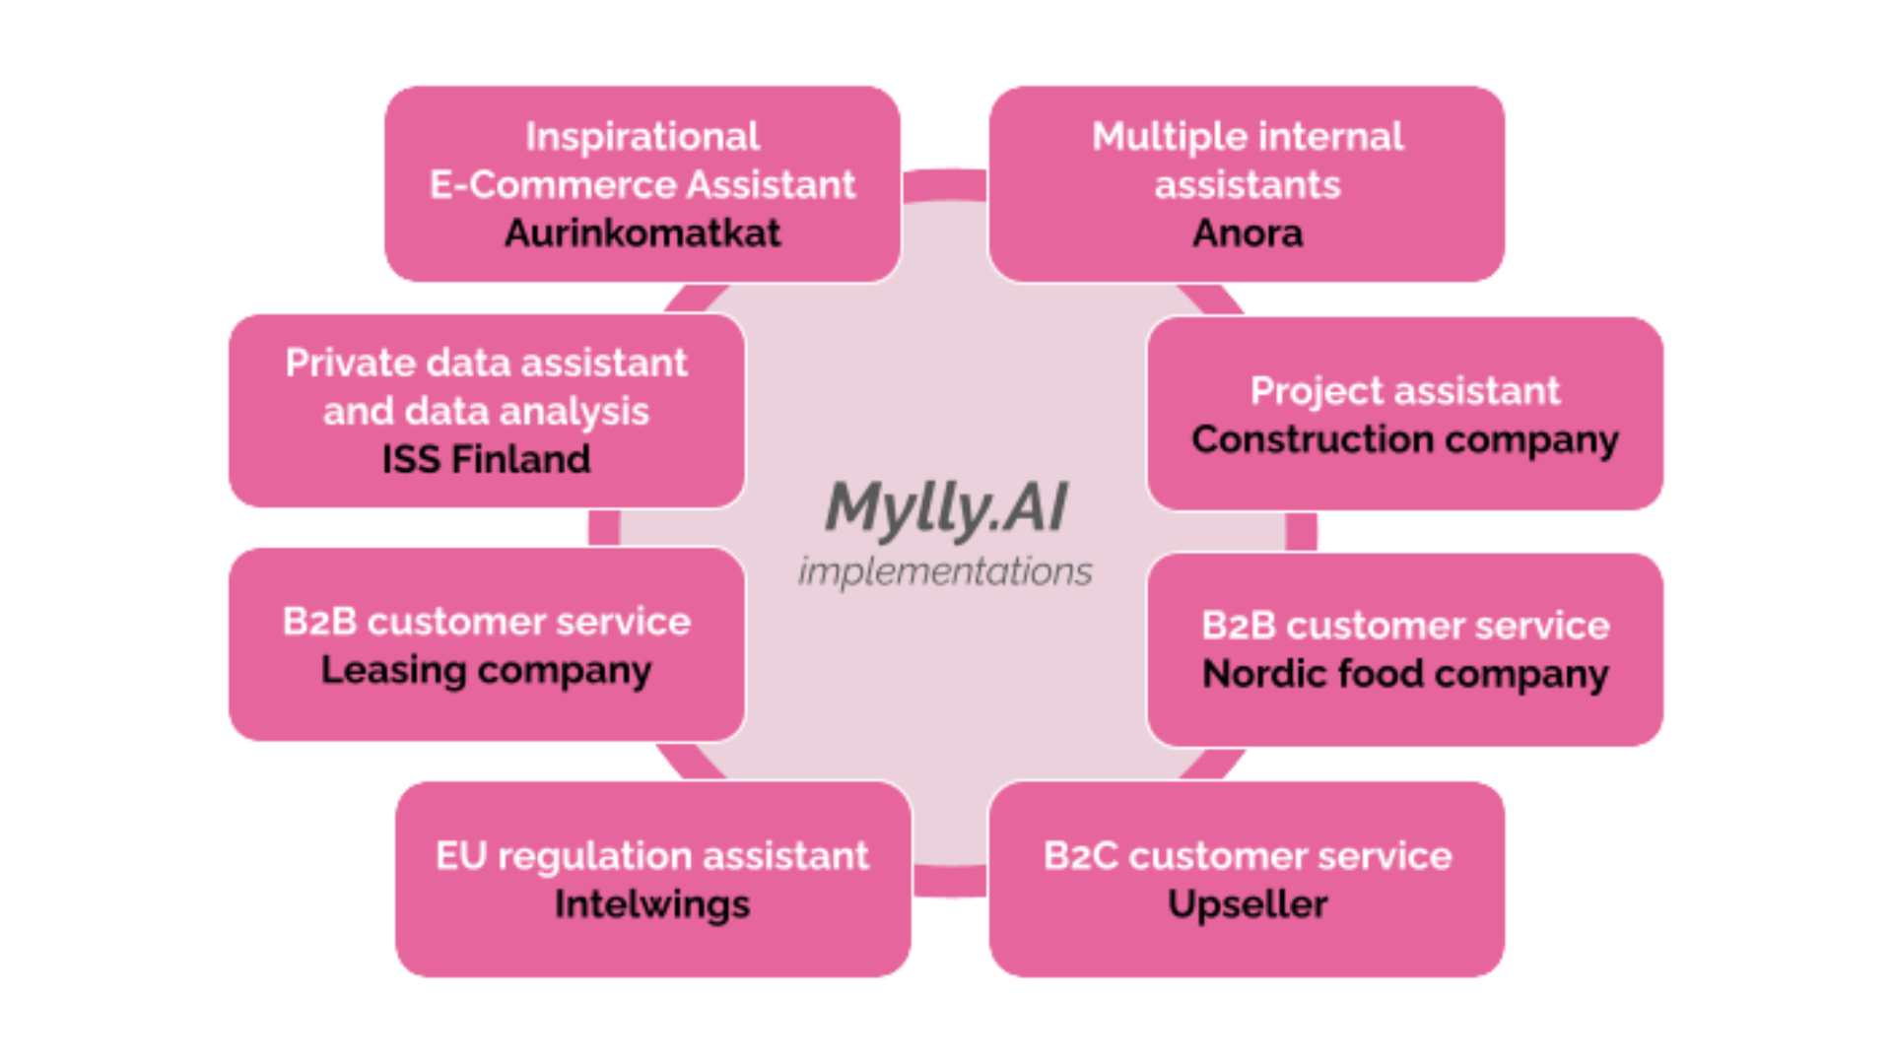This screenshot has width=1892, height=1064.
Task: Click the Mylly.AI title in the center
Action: pos(946,508)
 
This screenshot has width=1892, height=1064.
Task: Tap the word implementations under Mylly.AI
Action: pos(945,571)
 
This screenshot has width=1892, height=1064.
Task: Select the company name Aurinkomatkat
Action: pos(642,233)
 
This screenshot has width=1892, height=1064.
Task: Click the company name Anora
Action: pos(1248,233)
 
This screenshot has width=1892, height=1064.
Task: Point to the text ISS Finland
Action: pos(486,459)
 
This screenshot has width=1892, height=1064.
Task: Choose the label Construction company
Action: pos(1405,439)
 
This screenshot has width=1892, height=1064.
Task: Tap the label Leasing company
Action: pos(486,671)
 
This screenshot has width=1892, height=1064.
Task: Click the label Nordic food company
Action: pos(1405,675)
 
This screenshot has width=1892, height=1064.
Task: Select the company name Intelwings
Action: pos(652,904)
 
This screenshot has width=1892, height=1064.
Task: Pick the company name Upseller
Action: pos(1248,904)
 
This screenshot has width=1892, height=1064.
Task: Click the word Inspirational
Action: pos(642,137)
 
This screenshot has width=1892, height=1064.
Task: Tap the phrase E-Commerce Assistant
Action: pos(642,185)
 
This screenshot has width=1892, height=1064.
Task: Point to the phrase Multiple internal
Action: pos(1248,137)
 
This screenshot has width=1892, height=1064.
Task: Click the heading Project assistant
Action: pos(1405,391)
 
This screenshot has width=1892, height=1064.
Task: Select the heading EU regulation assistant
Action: pos(652,856)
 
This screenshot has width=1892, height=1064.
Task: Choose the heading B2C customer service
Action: pos(1248,856)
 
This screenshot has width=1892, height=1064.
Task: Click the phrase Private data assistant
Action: pos(486,364)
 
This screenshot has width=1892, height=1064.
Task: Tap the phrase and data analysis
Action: pos(486,412)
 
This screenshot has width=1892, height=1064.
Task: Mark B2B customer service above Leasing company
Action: pos(486,622)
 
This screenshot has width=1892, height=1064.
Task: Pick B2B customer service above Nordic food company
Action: pos(1405,626)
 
